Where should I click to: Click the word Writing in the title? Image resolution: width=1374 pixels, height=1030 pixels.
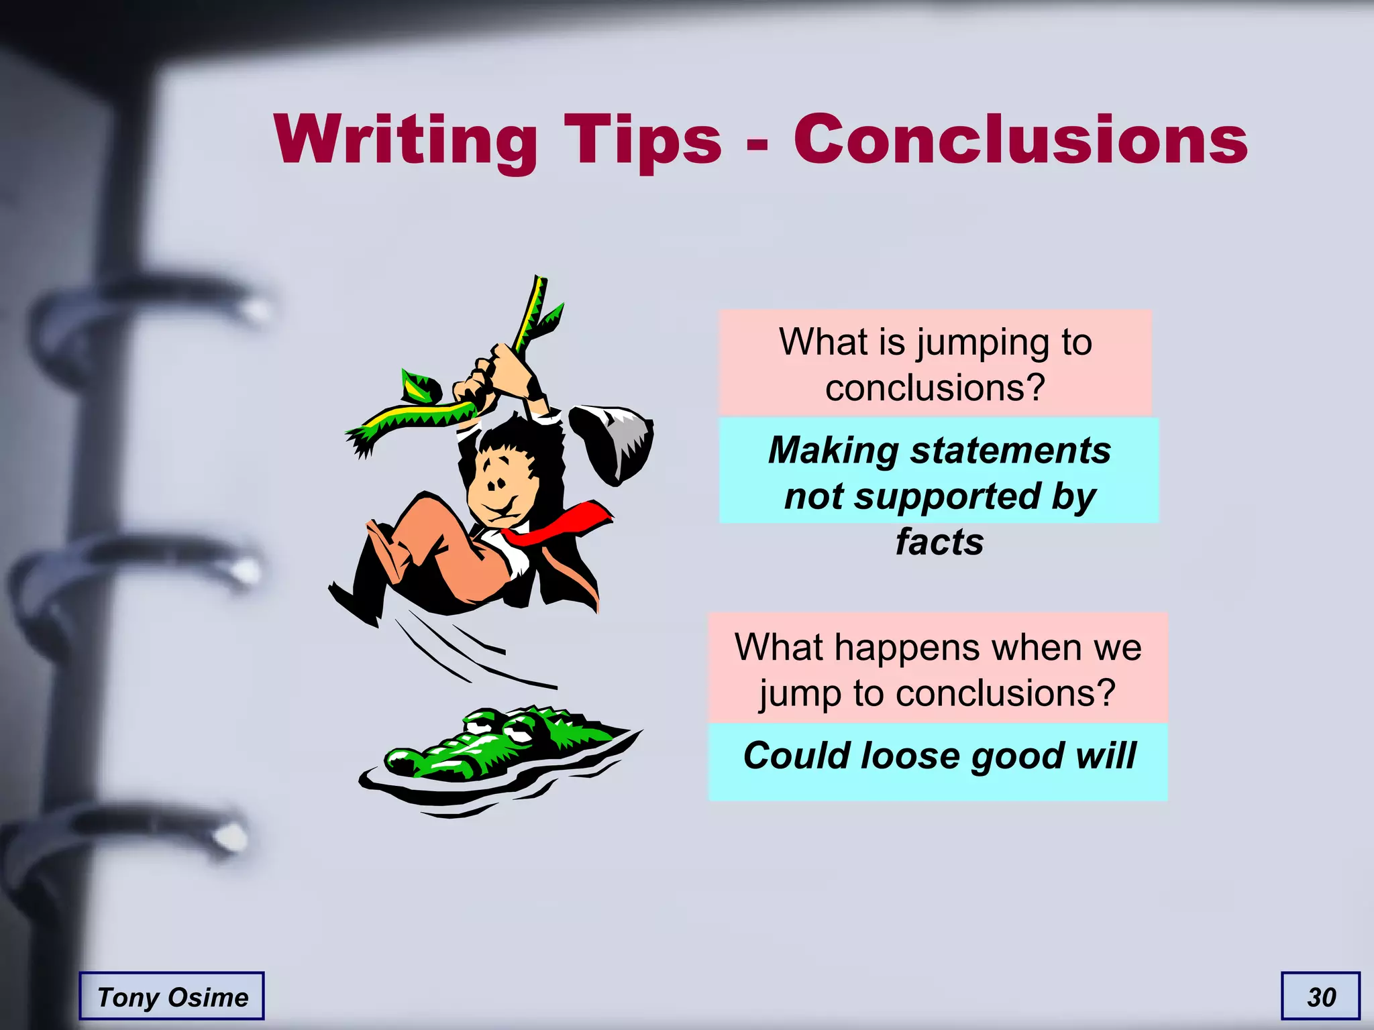[405, 139]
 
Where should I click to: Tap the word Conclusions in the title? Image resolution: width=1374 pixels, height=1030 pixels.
[1020, 139]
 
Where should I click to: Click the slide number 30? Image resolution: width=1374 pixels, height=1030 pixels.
[1321, 997]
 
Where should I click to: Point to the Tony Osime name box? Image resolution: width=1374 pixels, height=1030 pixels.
[172, 997]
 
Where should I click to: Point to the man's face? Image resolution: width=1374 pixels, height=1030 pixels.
[500, 486]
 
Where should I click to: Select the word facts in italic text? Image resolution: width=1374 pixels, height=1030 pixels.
[939, 542]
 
